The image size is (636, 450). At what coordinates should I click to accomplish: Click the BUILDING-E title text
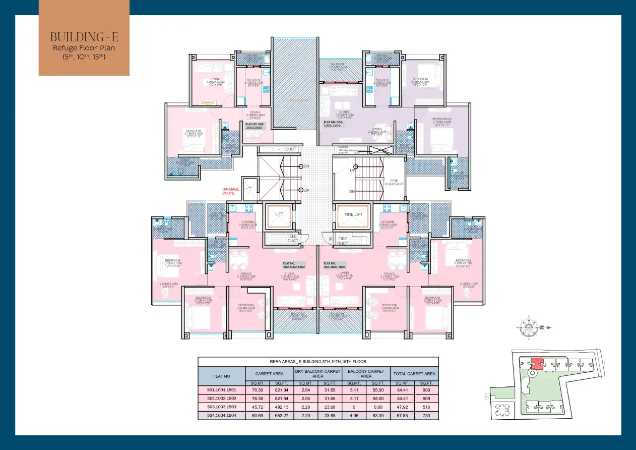point(84,37)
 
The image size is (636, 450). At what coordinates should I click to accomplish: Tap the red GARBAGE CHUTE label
point(231,191)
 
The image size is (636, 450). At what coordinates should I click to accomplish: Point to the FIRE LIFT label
point(353,214)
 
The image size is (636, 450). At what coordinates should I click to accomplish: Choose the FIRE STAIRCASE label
point(394,183)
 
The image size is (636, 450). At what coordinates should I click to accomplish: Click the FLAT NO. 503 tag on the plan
point(255,126)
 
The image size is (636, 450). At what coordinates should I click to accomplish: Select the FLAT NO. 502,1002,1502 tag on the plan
point(293,265)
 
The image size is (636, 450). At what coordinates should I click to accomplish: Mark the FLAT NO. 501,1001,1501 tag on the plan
point(334,265)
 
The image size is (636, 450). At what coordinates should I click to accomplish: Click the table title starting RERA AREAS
point(317,362)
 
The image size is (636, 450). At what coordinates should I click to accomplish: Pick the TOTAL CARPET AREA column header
point(414,374)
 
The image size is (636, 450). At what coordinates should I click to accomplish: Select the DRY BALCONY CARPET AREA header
point(317,374)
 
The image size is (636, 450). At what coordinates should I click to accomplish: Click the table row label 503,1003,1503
point(221,407)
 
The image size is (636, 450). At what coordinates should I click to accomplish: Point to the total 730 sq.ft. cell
point(426,416)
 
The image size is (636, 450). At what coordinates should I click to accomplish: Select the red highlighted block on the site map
point(537,363)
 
